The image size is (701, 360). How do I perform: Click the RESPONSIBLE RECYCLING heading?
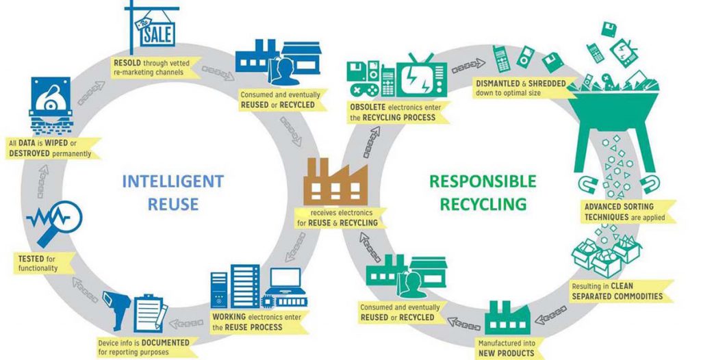pyautogui.click(x=483, y=192)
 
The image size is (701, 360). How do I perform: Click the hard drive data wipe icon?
pyautogui.click(x=51, y=107)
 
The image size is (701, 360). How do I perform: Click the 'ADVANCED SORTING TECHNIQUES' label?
pyautogui.click(x=620, y=211)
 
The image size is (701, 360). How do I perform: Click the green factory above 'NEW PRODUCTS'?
pyautogui.click(x=507, y=318)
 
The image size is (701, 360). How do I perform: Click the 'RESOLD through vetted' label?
pyautogui.click(x=155, y=66)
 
